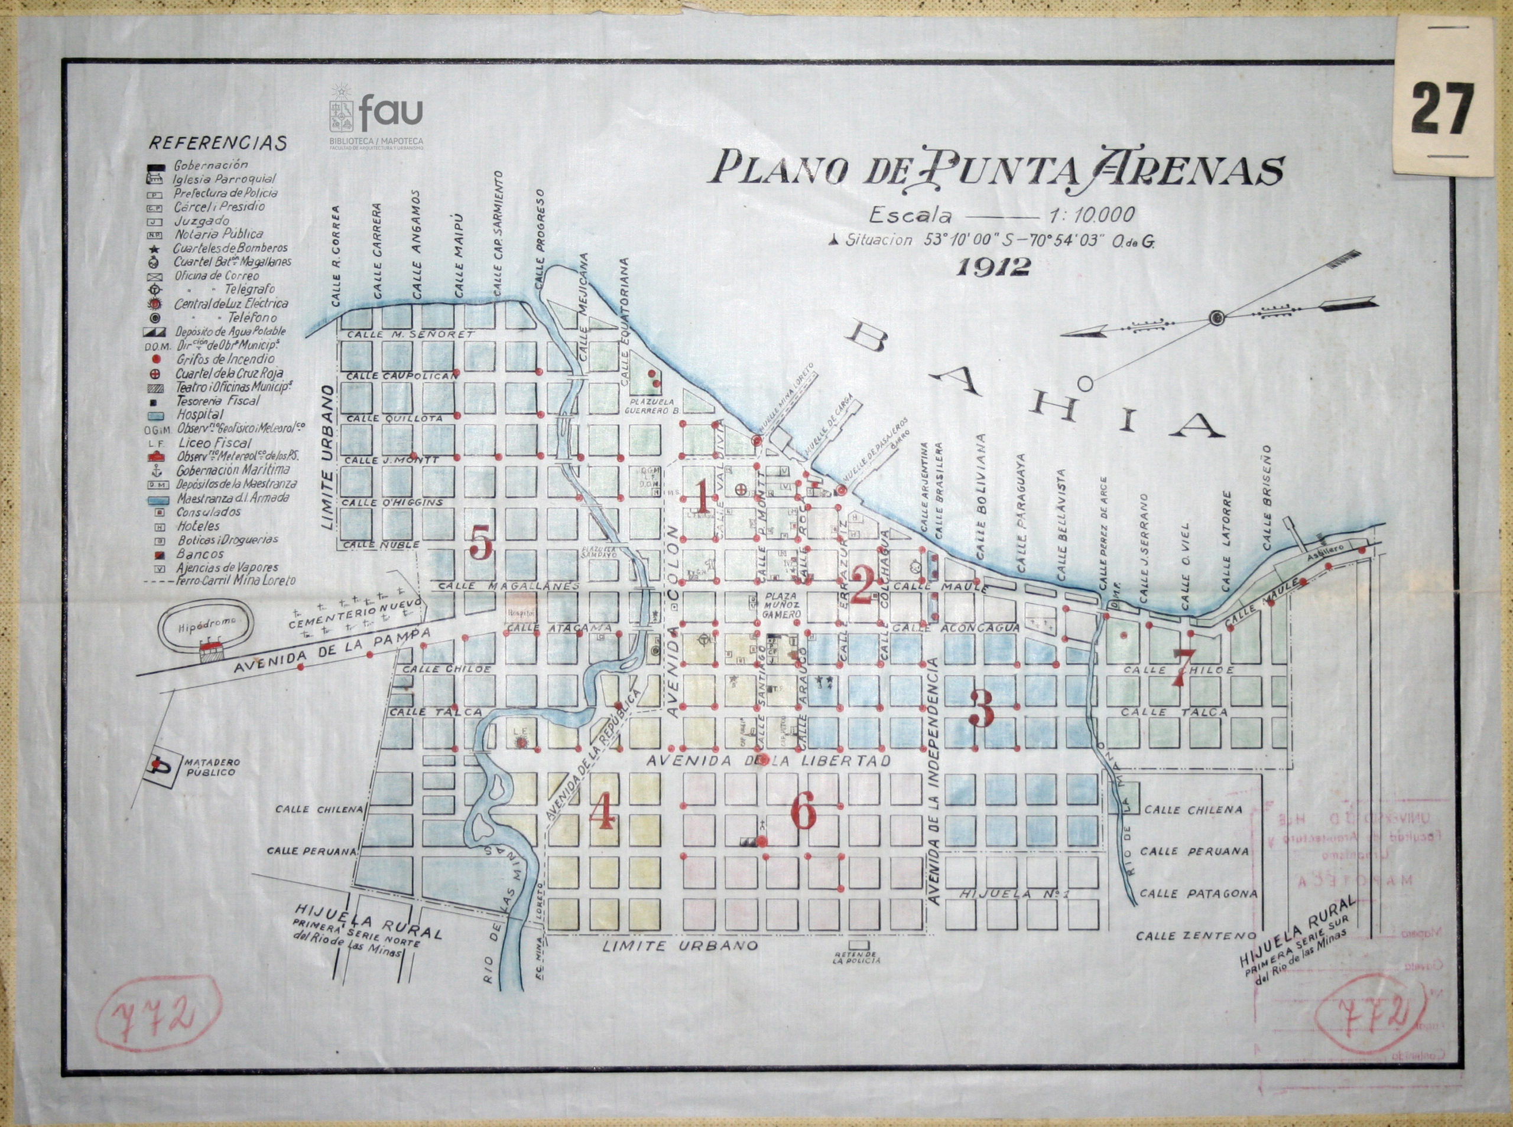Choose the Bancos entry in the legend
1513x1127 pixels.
coord(199,554)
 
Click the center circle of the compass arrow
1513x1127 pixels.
coord(1216,318)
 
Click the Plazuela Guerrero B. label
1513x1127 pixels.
coord(652,411)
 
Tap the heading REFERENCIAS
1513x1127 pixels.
coord(217,144)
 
